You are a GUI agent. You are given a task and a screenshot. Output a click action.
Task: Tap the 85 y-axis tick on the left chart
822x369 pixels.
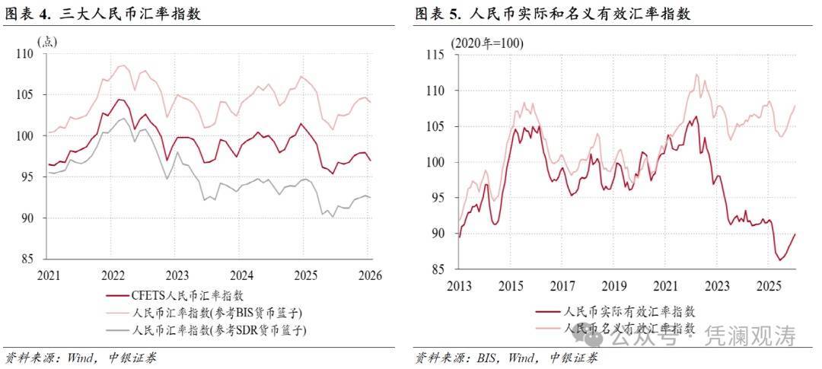(x=27, y=259)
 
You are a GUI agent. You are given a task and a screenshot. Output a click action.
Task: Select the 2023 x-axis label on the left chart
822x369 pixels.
(x=177, y=275)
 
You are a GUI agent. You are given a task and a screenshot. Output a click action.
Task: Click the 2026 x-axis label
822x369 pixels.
(x=369, y=275)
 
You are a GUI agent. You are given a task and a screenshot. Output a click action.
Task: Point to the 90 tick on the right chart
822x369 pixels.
(x=438, y=234)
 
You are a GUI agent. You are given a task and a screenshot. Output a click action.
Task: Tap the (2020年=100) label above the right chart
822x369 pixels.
(x=486, y=43)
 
